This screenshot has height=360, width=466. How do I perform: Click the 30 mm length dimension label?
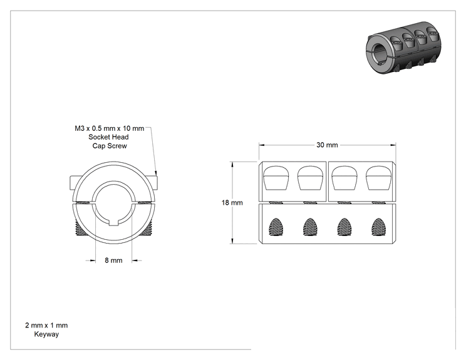tap(327, 145)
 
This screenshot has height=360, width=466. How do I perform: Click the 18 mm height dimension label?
tap(232, 203)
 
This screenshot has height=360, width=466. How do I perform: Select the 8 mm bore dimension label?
tap(113, 260)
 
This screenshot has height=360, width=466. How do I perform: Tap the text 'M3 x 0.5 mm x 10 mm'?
tap(109, 128)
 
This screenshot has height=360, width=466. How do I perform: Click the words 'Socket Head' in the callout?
tap(108, 137)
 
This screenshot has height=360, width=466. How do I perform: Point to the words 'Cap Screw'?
tap(110, 146)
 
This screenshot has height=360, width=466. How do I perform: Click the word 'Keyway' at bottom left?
tap(46, 334)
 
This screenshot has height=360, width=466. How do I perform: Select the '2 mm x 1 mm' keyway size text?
tap(46, 325)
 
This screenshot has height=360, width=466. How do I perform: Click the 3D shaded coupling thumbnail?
tap(403, 47)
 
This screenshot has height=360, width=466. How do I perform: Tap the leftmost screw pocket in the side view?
tap(276, 178)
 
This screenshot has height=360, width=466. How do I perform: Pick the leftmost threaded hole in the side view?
tap(276, 227)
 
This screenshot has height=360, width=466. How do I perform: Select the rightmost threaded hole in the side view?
tap(378, 227)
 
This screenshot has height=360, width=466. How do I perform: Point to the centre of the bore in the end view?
tap(113, 203)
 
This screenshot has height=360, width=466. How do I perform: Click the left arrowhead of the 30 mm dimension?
tap(262, 145)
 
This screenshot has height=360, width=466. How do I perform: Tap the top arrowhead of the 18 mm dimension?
tap(232, 165)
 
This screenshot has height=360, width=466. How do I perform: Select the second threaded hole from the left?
tap(310, 227)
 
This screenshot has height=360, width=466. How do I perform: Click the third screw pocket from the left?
tap(344, 178)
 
